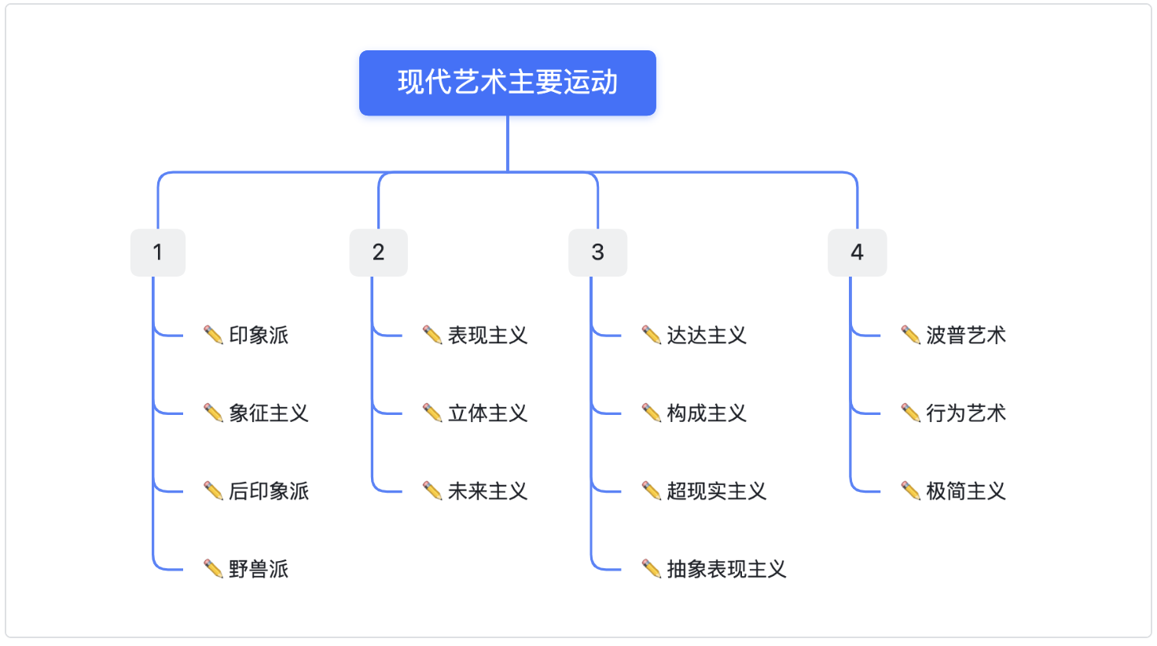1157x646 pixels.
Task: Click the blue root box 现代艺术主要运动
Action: [x=508, y=83]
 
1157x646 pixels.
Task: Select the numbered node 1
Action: [x=158, y=252]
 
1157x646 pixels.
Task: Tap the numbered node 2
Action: [x=379, y=252]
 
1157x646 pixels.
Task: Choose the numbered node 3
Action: [x=598, y=252]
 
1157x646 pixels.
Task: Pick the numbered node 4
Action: [x=858, y=252]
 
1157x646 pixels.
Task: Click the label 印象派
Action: [x=259, y=335]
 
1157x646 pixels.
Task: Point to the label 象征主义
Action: [x=269, y=413]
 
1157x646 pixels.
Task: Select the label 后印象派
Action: [x=269, y=491]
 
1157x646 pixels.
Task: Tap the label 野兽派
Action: [x=259, y=569]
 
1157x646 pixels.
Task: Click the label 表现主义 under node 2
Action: [x=487, y=335]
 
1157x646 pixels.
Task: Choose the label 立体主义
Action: [x=487, y=413]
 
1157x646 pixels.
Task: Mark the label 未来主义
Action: [x=487, y=491]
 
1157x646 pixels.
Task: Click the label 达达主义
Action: [x=707, y=335]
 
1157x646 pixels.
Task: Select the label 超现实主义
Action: [x=716, y=491]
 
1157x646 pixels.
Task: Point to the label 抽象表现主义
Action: [x=726, y=569]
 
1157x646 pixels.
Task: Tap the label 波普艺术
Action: [x=966, y=335]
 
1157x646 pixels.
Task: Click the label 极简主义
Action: [x=966, y=491]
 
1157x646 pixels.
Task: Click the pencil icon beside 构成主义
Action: [x=652, y=413]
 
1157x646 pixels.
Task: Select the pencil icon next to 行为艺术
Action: [x=911, y=413]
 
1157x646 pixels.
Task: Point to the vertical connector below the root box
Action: [x=508, y=144]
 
